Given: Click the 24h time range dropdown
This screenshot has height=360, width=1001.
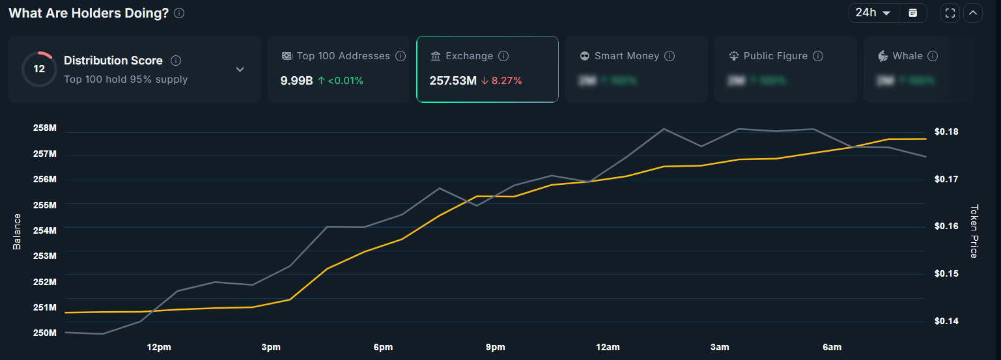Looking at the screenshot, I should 873,13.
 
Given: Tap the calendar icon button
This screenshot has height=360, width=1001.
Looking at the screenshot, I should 913,13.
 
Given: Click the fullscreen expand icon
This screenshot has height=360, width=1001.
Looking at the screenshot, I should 950,13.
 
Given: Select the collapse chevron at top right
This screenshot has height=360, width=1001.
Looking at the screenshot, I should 973,13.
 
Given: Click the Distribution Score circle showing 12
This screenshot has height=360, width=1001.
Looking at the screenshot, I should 39,69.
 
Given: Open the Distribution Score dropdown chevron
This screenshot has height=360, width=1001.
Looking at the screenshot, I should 240,70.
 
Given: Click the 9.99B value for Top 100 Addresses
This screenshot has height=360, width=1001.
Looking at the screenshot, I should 296,81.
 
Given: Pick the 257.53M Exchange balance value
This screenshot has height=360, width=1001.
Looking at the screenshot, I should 453,81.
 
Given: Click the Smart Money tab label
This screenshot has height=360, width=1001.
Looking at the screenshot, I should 627,56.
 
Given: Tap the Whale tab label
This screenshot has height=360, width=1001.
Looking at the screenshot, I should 907,56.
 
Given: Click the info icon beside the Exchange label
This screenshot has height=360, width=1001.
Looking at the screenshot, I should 503,56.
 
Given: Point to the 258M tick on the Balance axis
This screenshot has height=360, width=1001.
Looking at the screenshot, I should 45,128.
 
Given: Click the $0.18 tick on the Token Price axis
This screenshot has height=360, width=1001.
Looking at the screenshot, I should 946,132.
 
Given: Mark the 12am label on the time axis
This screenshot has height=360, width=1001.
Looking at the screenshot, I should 608,348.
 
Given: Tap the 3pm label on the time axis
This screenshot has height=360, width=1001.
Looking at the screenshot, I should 271,348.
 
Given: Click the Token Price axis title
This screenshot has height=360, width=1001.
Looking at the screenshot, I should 974,231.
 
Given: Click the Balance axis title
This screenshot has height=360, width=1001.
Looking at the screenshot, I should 17,231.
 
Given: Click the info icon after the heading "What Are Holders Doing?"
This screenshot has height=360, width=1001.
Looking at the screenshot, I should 179,13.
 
